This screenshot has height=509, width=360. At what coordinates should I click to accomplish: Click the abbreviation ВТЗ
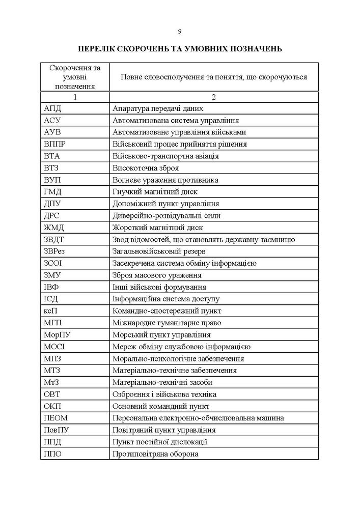[x=52, y=168]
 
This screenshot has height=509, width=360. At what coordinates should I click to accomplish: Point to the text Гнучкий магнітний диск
[x=154, y=192]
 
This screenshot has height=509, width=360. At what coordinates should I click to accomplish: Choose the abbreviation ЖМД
[x=54, y=228]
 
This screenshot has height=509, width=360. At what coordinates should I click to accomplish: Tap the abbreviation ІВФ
[x=52, y=287]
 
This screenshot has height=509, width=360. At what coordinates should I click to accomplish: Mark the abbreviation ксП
[x=51, y=310]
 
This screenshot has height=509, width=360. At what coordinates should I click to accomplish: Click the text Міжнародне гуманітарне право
[x=166, y=323]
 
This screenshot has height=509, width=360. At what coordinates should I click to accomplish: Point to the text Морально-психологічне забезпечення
[x=174, y=358]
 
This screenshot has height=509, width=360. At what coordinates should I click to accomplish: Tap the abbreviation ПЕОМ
[x=56, y=418]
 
